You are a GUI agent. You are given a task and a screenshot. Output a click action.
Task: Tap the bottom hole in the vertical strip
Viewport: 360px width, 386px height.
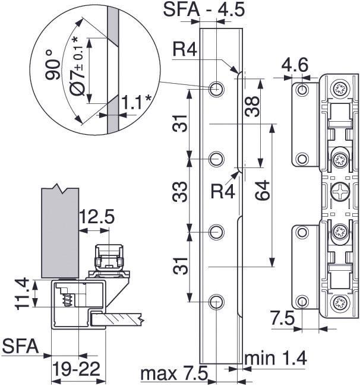[x=217, y=302]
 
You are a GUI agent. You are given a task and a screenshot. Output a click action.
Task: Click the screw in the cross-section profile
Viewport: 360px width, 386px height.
[x=68, y=298]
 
